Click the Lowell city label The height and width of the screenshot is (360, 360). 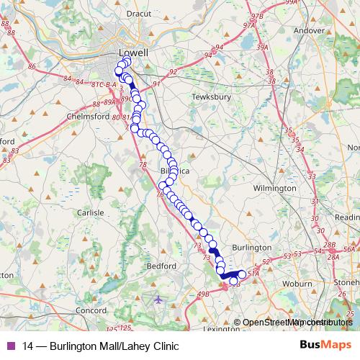133,53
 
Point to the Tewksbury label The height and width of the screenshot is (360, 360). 210,96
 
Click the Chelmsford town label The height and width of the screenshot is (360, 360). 86,116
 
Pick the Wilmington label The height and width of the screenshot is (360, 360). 274,188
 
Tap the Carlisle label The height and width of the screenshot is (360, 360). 90,213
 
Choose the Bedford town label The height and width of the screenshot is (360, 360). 161,266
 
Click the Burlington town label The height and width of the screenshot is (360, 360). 252,247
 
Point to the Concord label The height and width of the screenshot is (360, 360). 91,310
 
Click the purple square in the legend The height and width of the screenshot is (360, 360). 10,346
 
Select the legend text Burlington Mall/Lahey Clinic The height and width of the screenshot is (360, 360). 101,346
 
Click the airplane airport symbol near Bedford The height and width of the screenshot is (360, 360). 158,299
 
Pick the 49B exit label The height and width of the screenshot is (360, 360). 202,294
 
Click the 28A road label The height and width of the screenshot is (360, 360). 332,256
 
